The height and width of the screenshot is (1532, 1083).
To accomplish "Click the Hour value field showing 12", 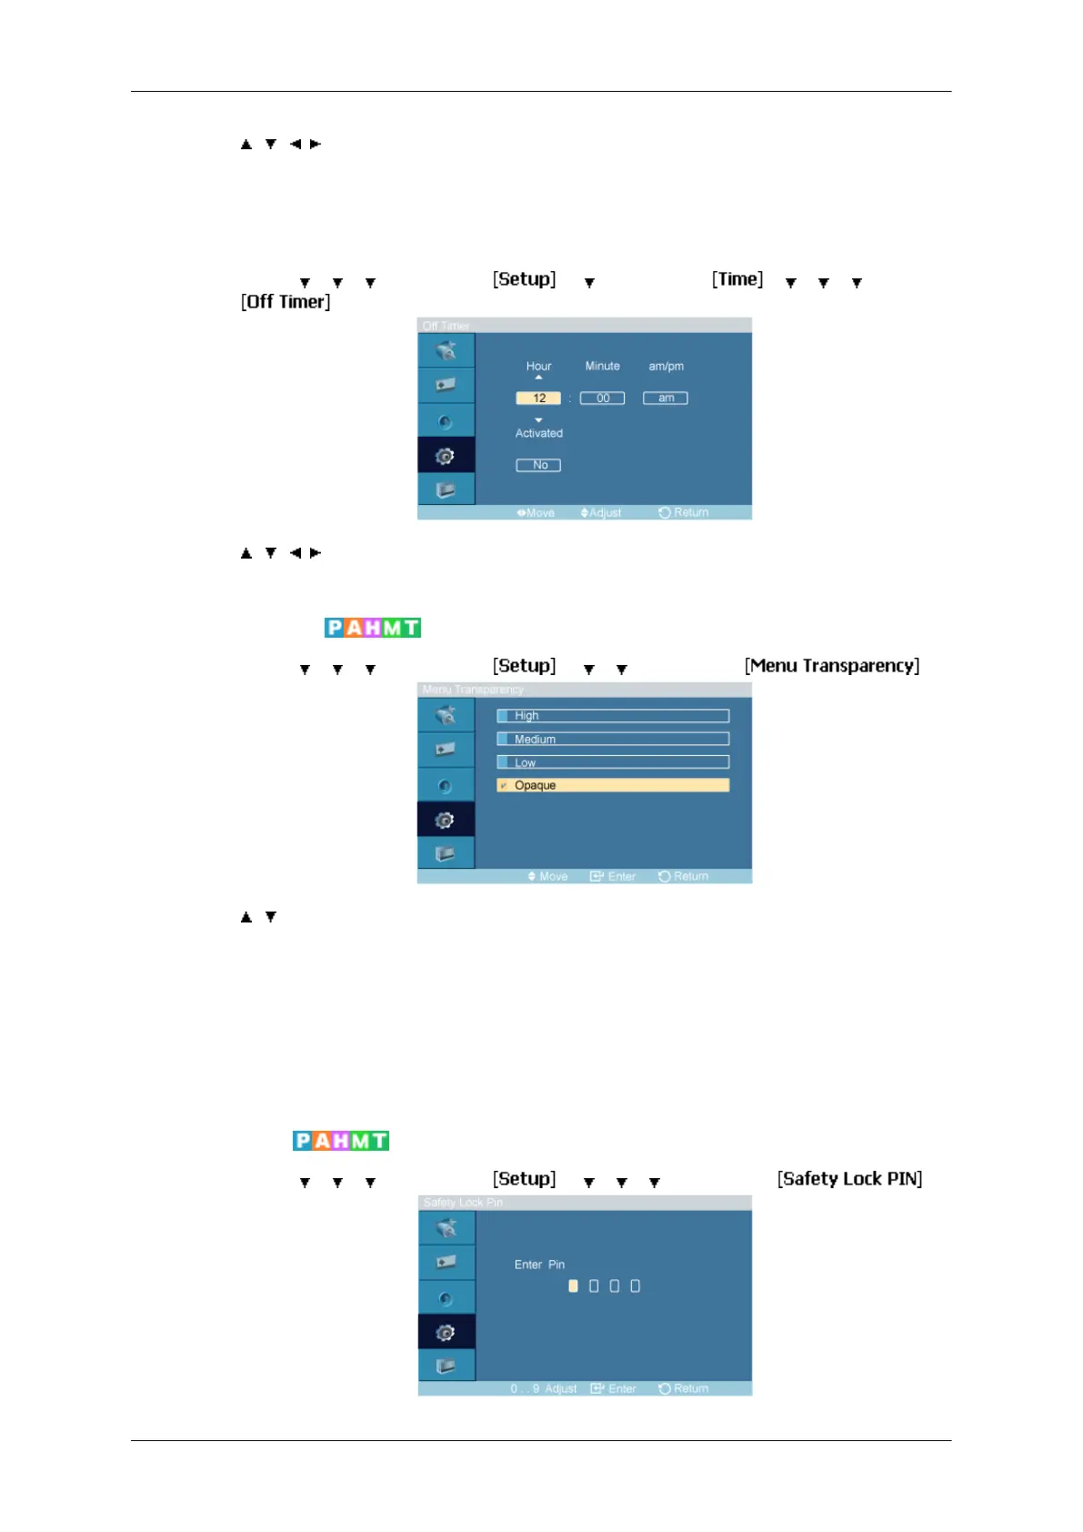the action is click(538, 398).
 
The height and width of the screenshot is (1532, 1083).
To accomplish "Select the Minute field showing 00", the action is click(602, 398).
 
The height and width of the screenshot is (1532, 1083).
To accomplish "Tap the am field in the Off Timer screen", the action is click(666, 398).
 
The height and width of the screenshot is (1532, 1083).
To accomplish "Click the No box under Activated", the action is click(538, 465).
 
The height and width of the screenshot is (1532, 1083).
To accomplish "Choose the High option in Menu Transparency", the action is click(613, 716).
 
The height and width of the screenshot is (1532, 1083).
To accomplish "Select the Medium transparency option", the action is click(613, 740).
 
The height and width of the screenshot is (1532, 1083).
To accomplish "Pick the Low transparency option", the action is click(613, 762).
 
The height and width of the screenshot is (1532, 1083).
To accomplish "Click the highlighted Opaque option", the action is click(613, 785).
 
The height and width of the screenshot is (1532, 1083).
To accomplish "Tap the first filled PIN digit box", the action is click(573, 1286).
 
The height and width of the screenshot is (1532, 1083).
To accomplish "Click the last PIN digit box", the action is click(635, 1286).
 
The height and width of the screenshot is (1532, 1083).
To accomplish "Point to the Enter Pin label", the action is click(539, 1265).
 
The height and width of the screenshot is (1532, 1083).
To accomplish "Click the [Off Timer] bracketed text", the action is click(286, 302).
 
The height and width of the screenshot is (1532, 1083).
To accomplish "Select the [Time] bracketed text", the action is click(737, 279).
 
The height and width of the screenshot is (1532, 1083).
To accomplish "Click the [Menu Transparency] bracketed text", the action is click(832, 666).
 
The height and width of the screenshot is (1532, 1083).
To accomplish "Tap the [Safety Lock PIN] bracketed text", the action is click(849, 1179).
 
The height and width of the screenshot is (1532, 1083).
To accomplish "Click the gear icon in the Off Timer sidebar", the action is click(445, 456).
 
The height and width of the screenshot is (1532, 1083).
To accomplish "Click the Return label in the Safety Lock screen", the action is click(690, 1389).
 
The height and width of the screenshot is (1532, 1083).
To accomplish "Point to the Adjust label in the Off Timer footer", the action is click(604, 513).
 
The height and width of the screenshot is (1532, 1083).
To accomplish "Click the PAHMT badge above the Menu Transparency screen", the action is click(373, 628).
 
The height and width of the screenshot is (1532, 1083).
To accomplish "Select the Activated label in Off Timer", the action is click(539, 434).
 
